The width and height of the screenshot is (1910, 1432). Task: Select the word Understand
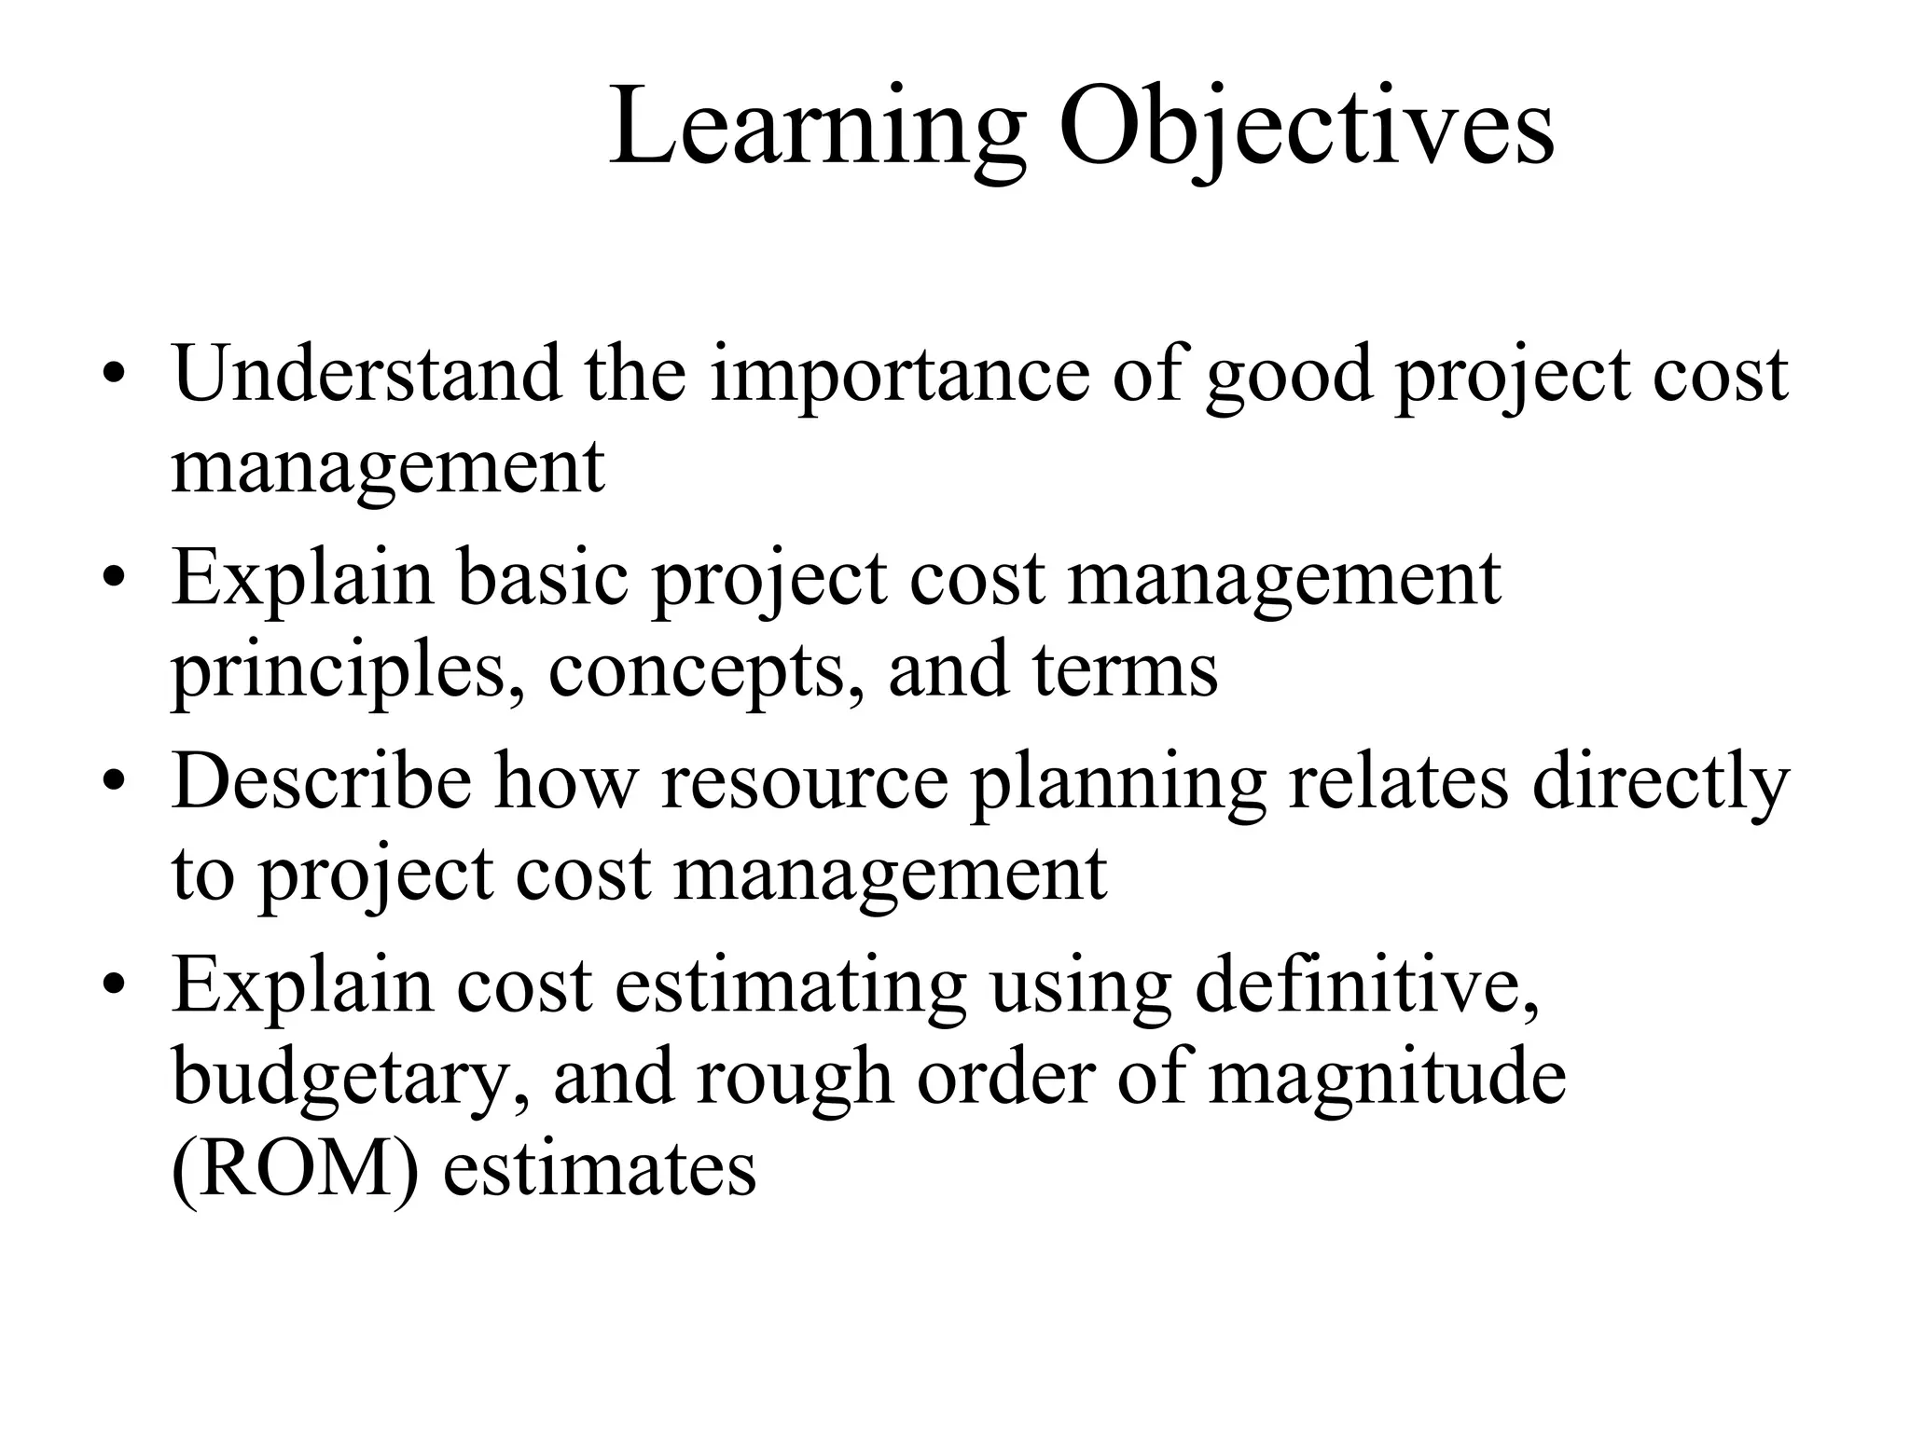(367, 375)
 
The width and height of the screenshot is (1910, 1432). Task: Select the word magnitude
(1388, 1080)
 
